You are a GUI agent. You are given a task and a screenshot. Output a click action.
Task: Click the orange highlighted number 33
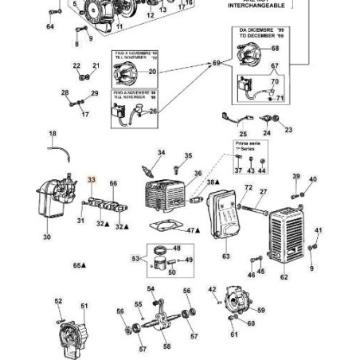(x=92, y=180)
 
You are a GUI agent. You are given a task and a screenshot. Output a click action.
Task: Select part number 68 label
(x=276, y=49)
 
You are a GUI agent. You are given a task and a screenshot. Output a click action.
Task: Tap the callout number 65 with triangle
(x=79, y=265)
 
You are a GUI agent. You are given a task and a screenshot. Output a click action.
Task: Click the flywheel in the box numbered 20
(x=123, y=73)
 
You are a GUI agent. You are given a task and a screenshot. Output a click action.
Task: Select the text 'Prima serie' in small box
(x=242, y=146)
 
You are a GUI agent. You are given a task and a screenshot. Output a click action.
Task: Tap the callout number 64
(x=50, y=26)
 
